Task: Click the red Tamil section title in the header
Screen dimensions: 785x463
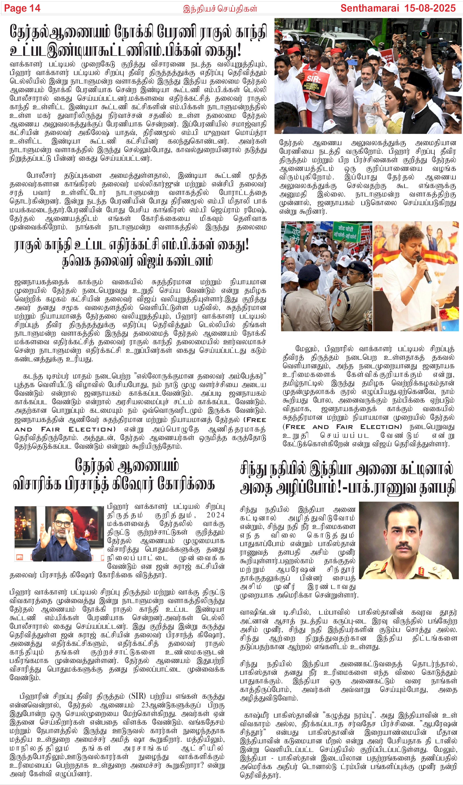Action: click(220, 8)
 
